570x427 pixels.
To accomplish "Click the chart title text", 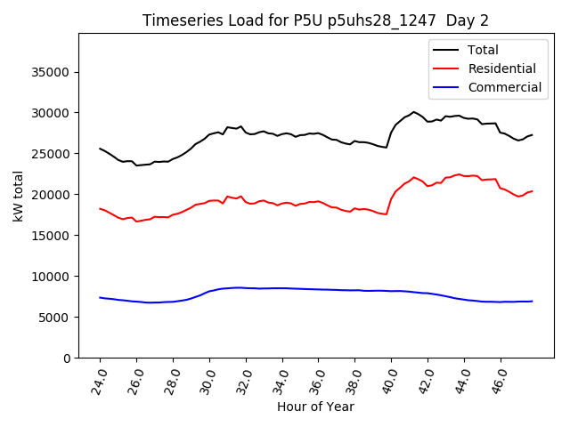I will [x=315, y=20].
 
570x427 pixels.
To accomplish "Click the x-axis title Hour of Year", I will [x=315, y=407].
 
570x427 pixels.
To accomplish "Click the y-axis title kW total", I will [x=19, y=195].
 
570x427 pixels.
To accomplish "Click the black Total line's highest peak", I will [x=413, y=112].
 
